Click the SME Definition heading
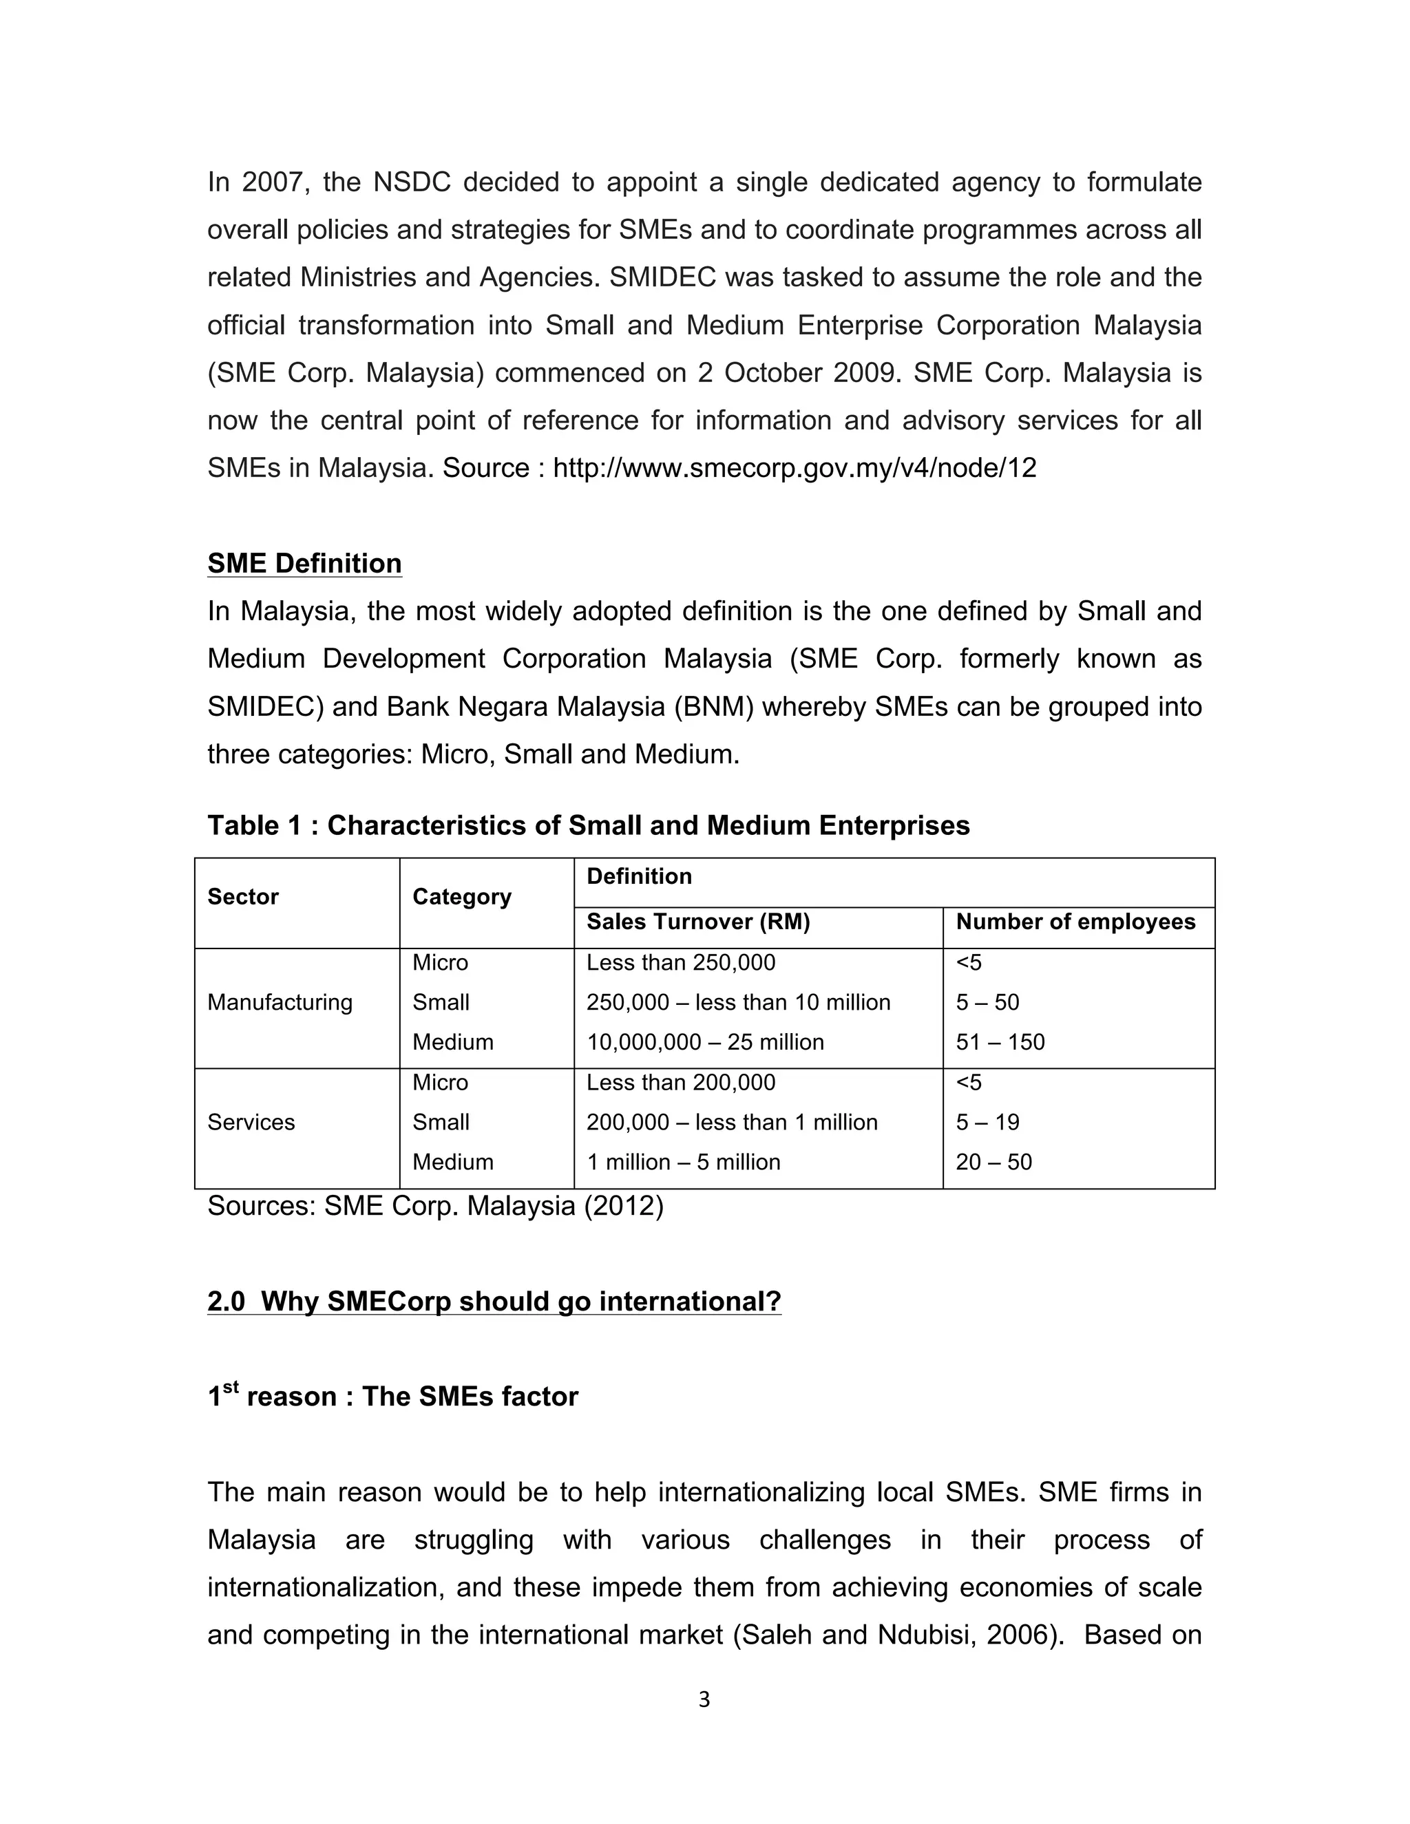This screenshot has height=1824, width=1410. pyautogui.click(x=304, y=564)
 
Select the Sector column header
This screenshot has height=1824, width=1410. pyautogui.click(x=243, y=897)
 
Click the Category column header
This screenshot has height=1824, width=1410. pyautogui.click(x=461, y=897)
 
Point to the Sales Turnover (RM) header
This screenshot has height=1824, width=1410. pyautogui.click(x=698, y=922)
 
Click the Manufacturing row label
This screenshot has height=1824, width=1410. pyautogui.click(x=280, y=1002)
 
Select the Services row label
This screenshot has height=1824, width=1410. pyautogui.click(x=251, y=1123)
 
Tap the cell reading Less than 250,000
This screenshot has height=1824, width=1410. pyautogui.click(x=681, y=963)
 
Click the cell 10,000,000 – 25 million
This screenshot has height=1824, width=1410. pyautogui.click(x=705, y=1042)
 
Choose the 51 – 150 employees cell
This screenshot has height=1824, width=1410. pyautogui.click(x=1000, y=1042)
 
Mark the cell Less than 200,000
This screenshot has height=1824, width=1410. pyautogui.click(x=681, y=1083)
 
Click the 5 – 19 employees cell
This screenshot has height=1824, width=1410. pyautogui.click(x=987, y=1123)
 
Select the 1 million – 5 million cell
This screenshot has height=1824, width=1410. pyautogui.click(x=683, y=1163)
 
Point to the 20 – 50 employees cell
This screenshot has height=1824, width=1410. pyautogui.click(x=993, y=1163)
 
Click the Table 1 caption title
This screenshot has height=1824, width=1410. pyautogui.click(x=588, y=826)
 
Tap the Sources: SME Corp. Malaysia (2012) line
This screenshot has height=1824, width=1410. pyautogui.click(x=435, y=1207)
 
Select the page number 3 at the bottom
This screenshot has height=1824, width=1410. pyautogui.click(x=704, y=1699)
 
